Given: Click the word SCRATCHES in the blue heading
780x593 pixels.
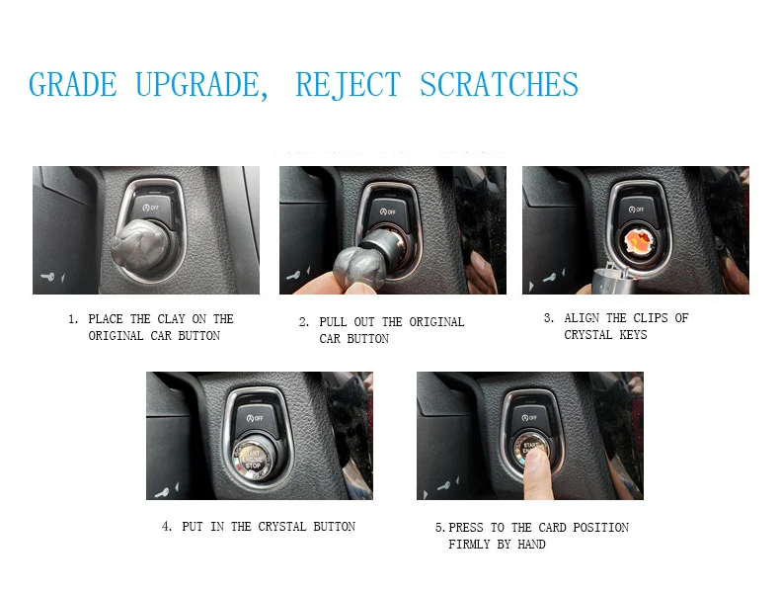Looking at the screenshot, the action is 499,84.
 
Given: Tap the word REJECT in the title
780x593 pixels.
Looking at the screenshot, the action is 348,85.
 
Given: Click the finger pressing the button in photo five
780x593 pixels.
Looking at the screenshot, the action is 538,473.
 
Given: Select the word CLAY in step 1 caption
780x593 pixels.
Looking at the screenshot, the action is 171,318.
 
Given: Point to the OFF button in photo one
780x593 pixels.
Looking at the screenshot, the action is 152,210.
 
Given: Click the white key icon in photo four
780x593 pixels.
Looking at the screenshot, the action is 162,493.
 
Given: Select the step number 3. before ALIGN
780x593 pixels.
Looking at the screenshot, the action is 549,317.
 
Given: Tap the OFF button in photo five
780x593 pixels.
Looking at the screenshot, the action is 529,417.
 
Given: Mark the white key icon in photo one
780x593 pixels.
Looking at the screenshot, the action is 47,277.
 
